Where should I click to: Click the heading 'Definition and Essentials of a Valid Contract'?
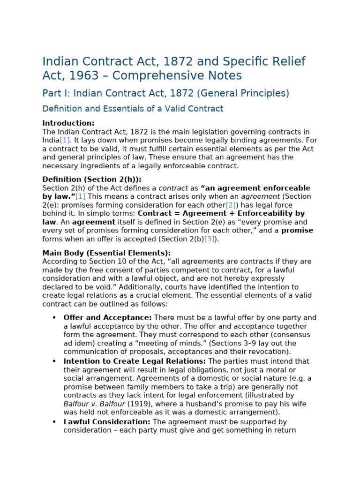133,109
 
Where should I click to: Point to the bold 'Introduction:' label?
68,123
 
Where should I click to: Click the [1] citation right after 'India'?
65,141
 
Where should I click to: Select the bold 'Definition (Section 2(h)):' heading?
91,180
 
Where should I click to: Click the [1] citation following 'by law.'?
81,197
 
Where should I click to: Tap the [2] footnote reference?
231,205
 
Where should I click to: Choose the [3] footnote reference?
209,239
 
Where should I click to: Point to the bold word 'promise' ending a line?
297,231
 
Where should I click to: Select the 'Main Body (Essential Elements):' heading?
106,253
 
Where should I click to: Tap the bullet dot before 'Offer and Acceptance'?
54,318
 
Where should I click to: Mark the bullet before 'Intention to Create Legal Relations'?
54,361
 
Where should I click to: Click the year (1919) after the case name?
125,404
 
